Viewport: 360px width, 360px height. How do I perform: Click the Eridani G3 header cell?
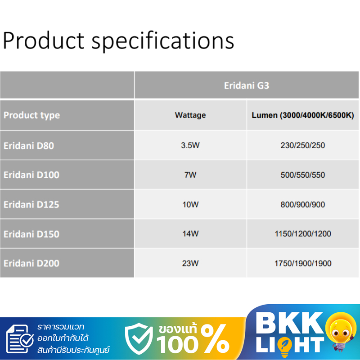pos(246,85)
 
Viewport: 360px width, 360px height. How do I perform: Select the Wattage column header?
pos(190,115)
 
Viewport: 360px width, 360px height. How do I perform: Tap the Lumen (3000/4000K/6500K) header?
pos(302,115)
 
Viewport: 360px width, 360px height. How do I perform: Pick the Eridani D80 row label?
pos(29,145)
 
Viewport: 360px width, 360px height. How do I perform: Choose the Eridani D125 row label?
pos(31,204)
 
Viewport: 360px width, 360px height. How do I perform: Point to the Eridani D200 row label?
pos(31,263)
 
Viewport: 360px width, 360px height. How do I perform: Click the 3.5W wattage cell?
pos(190,145)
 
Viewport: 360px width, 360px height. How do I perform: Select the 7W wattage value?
pos(190,175)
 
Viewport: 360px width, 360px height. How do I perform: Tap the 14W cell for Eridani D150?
pos(190,234)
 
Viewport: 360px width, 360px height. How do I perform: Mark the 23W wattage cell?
pos(190,263)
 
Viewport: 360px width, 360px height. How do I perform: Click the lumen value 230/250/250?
pos(302,145)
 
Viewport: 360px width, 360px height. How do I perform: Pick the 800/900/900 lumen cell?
pos(302,204)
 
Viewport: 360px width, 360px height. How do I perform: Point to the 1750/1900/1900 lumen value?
pos(303,263)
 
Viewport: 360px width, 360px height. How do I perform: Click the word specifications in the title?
pos(163,41)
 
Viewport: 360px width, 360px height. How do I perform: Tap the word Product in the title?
pos(44,40)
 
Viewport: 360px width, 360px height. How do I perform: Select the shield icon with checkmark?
pos(139,338)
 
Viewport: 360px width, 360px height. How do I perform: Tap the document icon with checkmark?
pos(20,339)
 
